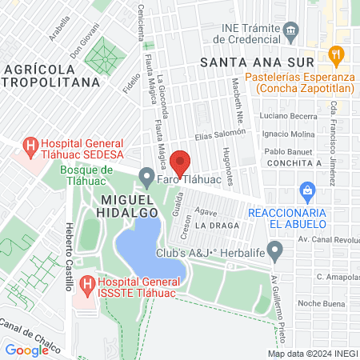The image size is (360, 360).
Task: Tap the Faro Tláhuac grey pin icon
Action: tap(146, 175)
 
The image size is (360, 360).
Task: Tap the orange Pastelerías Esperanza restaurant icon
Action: tap(336, 54)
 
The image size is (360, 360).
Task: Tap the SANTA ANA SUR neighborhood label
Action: tap(250, 61)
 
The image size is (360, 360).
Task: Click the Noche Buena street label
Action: tap(319, 304)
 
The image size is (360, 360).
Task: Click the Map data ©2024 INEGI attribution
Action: tap(311, 354)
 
